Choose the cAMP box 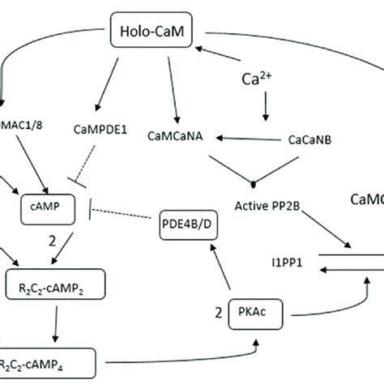click(48, 207)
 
